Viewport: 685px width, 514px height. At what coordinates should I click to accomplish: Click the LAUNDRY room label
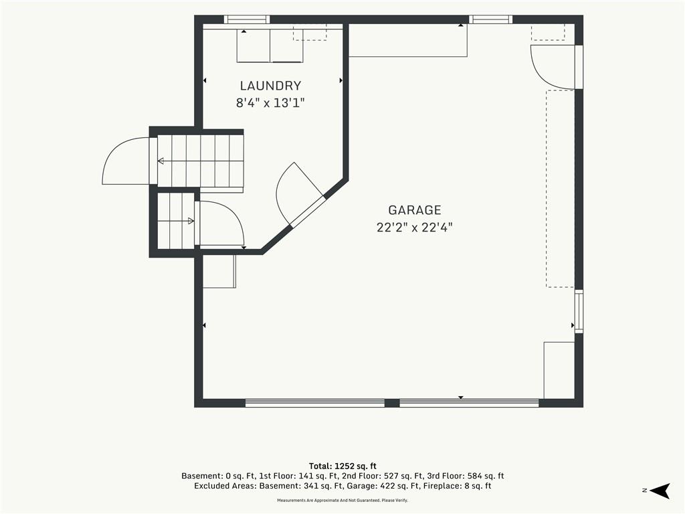(270, 86)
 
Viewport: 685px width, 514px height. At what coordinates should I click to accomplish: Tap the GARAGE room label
(415, 210)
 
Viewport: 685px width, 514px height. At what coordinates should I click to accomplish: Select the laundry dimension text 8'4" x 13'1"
(270, 103)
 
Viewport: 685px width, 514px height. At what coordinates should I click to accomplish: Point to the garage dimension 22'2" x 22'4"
(415, 228)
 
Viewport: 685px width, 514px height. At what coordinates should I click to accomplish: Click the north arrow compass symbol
(660, 491)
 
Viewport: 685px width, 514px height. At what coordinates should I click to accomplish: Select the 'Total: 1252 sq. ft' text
(342, 466)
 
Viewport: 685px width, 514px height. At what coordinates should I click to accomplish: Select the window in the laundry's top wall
(247, 19)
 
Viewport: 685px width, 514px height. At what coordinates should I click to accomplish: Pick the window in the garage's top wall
(490, 19)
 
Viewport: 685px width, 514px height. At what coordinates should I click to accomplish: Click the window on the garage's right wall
(579, 311)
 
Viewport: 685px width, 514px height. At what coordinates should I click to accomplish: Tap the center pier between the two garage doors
(392, 402)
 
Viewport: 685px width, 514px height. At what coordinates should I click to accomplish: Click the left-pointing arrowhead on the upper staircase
(161, 161)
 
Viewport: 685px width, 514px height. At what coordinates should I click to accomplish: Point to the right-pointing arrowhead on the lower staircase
(191, 221)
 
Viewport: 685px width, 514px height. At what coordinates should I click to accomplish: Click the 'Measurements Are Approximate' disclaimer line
(342, 500)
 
